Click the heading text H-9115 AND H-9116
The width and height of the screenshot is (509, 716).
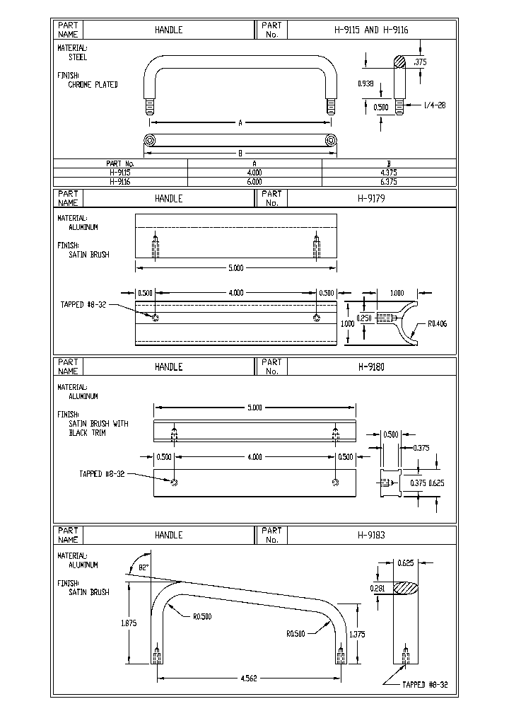[x=370, y=30]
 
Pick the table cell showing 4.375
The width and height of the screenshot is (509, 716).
[x=388, y=172]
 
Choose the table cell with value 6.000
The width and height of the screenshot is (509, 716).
[x=254, y=181]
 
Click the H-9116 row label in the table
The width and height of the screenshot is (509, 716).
[x=120, y=181]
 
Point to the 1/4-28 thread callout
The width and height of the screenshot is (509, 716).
[x=433, y=106]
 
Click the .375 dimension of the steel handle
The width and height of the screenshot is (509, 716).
[x=421, y=62]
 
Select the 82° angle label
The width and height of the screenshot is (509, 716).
[x=144, y=567]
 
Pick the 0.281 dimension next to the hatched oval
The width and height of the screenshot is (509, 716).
[x=378, y=587]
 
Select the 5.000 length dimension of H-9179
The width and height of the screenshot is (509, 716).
[x=235, y=268]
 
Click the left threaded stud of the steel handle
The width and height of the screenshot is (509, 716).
[x=150, y=107]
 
